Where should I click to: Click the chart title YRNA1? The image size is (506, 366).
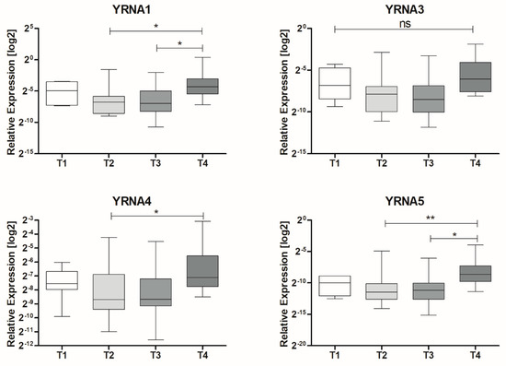coord(132,9)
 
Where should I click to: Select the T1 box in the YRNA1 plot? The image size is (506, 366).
coord(62,93)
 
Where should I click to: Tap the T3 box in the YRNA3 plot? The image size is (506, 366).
coord(428,99)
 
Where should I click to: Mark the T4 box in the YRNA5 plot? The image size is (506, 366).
coord(476,274)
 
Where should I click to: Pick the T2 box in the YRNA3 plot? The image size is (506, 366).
coord(382,99)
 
